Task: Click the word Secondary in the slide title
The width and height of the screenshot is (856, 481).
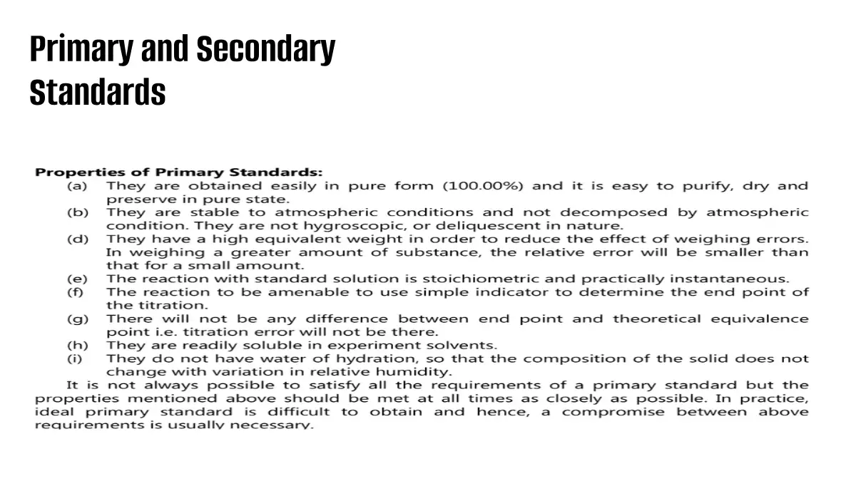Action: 265,50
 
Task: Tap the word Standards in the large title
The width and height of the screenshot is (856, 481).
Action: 98,93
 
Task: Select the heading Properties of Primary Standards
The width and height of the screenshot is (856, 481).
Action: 179,172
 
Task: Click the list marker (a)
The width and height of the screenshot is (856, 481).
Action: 77,186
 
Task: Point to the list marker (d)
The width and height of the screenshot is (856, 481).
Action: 77,239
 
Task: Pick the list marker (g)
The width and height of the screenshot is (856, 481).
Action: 77,319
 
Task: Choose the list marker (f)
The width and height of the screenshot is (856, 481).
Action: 76,292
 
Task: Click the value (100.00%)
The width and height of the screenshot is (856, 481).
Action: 483,186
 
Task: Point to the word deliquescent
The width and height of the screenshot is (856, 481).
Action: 409,226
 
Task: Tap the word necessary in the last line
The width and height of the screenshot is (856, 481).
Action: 278,425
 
